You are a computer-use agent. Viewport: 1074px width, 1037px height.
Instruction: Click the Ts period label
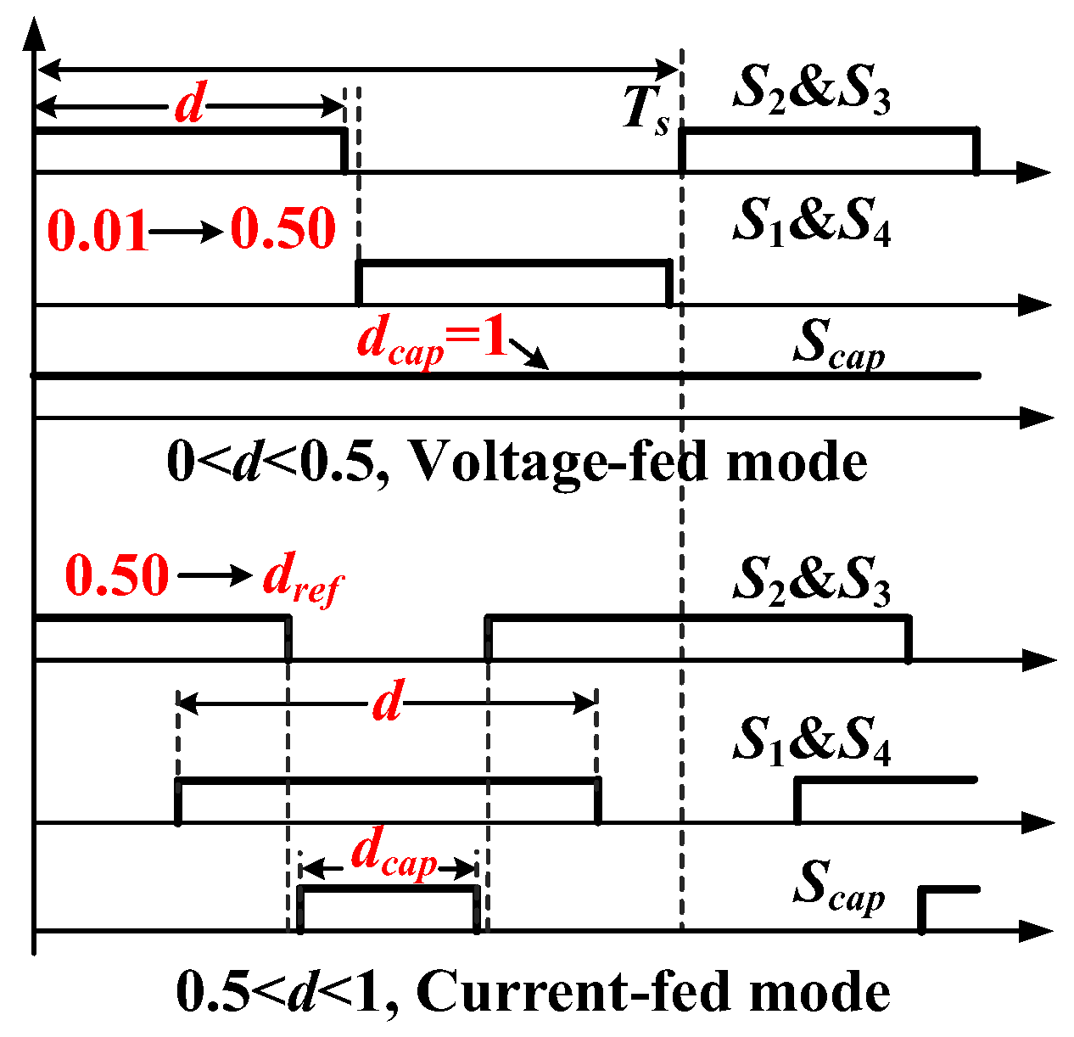tap(646, 111)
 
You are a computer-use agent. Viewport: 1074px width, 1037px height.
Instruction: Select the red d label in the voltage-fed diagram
tap(190, 106)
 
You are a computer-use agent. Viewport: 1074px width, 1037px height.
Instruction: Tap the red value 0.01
tap(98, 230)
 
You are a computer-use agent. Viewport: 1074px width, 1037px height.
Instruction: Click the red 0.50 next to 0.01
tap(283, 229)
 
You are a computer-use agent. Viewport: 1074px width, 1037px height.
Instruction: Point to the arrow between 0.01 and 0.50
tap(188, 231)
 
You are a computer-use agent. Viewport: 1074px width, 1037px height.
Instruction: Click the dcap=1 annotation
tap(431, 341)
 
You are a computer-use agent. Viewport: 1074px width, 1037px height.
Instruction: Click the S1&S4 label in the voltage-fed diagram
tap(811, 222)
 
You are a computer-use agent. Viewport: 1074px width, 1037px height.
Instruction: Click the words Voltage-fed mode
tap(638, 462)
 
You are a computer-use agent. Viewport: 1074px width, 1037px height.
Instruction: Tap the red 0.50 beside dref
tap(117, 576)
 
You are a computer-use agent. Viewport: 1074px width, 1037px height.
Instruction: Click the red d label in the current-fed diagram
tap(388, 703)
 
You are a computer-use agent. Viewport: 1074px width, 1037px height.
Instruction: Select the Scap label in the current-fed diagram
tap(838, 886)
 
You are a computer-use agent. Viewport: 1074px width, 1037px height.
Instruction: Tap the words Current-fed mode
tap(653, 991)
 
